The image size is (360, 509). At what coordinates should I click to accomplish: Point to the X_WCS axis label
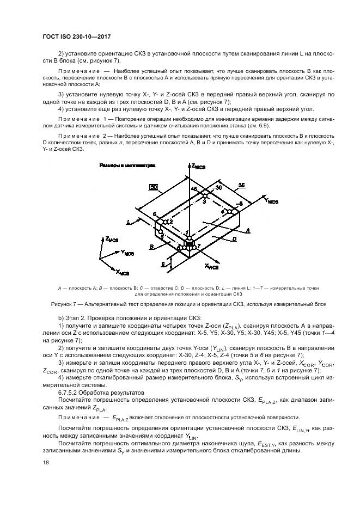211,267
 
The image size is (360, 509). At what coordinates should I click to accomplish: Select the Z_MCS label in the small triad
111,239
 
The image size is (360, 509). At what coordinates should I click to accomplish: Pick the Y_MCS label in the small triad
130,253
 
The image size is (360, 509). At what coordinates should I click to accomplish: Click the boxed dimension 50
154,187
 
